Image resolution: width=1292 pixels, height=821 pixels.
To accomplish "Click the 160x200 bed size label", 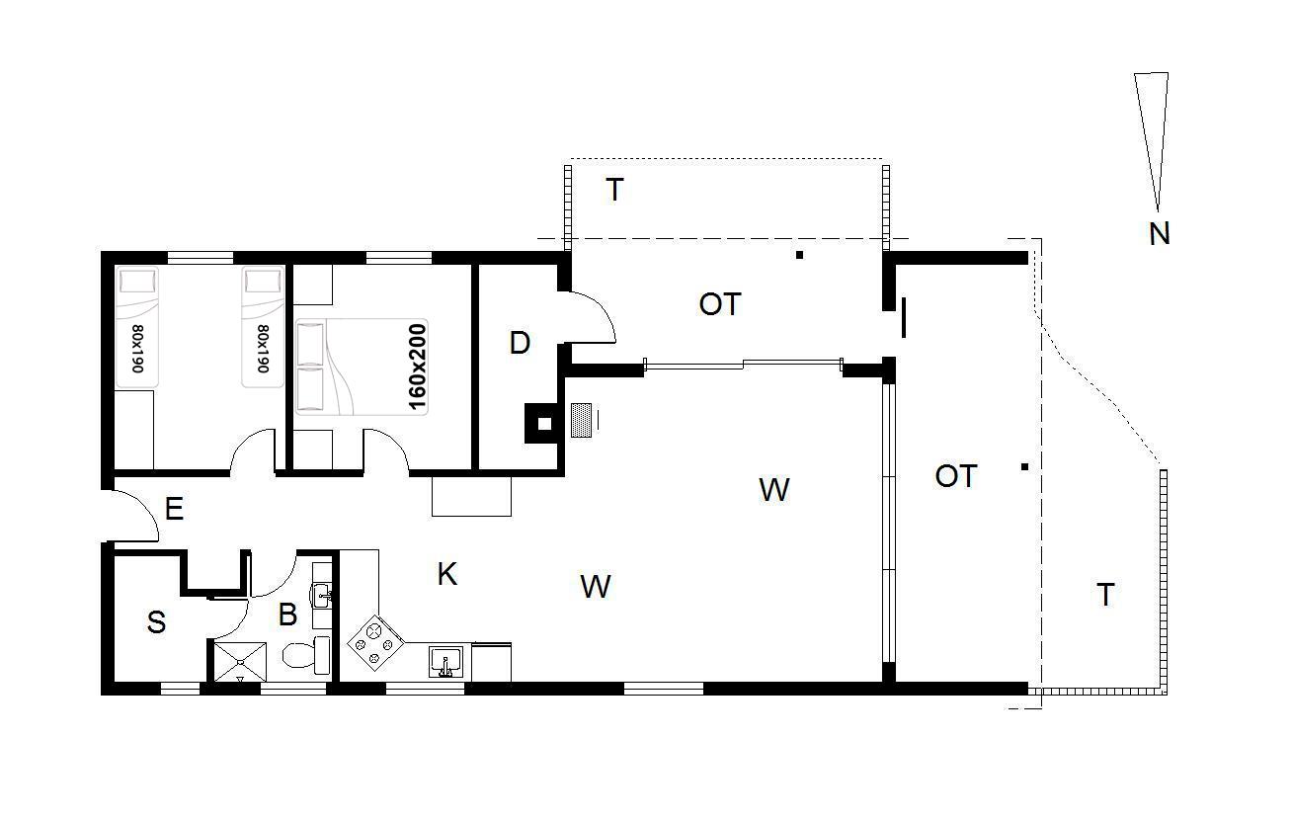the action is click(417, 367).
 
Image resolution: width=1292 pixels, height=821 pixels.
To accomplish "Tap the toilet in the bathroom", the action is click(306, 655).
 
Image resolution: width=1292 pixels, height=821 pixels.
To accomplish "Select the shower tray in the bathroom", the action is click(240, 662).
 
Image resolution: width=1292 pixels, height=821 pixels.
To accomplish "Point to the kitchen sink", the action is click(445, 661).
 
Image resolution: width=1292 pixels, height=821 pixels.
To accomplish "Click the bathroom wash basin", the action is click(321, 596).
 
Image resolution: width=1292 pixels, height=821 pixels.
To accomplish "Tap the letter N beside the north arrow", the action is click(1160, 234).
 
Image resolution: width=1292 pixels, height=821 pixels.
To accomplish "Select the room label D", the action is click(520, 343).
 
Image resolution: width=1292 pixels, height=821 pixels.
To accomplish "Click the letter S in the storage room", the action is click(156, 622).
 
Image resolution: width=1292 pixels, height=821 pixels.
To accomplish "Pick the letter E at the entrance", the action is click(174, 509).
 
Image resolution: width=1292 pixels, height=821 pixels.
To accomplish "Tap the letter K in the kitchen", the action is click(447, 574).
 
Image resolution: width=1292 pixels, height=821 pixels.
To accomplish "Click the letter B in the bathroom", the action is click(287, 615).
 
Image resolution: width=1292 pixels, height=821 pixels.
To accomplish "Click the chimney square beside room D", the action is click(542, 424).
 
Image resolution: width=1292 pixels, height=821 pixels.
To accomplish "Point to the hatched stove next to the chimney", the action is click(582, 420).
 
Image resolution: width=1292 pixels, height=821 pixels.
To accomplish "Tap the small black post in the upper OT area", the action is click(799, 255).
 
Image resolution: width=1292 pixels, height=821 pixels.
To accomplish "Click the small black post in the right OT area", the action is click(1024, 466).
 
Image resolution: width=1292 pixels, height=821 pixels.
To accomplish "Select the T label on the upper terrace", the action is click(614, 190).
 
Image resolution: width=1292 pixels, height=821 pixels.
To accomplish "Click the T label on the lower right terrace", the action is click(1105, 595).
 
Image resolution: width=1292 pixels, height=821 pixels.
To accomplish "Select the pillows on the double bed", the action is click(311, 367).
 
